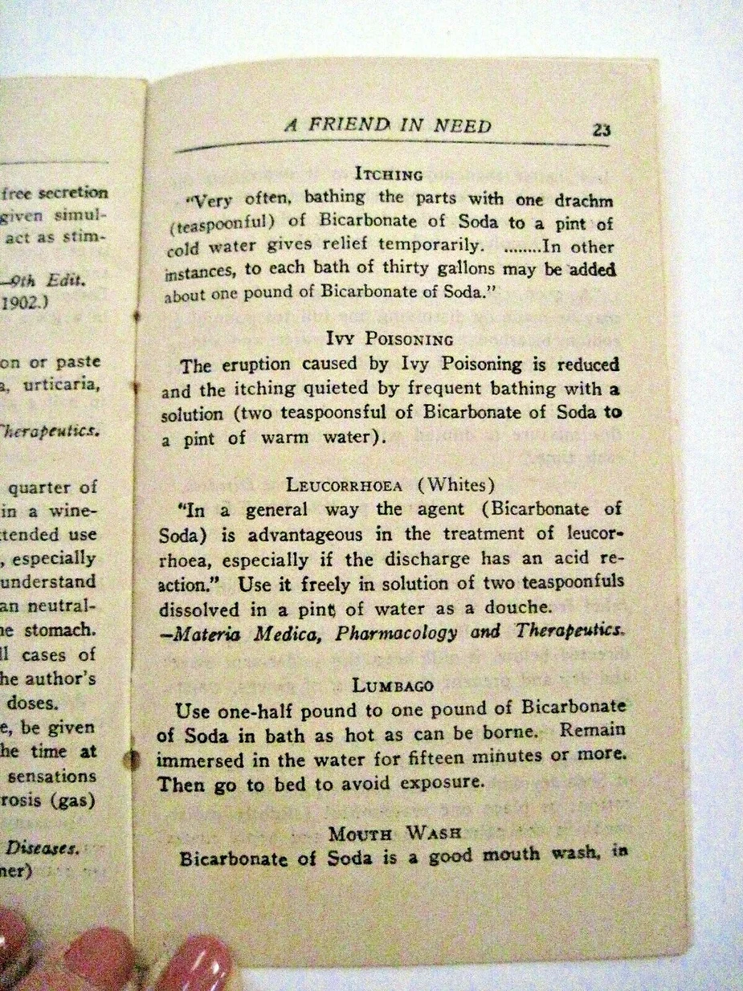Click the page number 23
[602, 131]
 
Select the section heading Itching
[389, 173]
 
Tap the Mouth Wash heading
[382, 833]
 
